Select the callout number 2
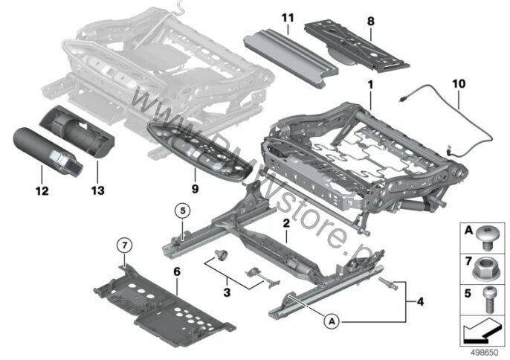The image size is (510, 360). click(285, 222)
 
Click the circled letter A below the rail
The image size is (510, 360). click(332, 321)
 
